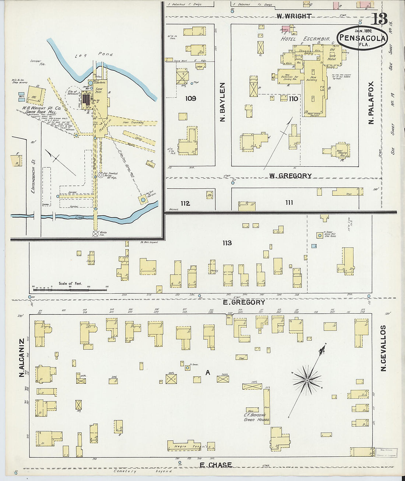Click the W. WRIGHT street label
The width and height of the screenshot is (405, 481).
click(294, 16)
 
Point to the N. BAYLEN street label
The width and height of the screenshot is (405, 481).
click(222, 102)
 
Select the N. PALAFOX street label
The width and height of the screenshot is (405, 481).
click(371, 102)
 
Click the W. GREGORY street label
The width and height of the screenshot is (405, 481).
click(290, 176)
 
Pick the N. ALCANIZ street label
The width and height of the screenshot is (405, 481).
click(22, 358)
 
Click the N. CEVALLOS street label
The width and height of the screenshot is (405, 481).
click(383, 348)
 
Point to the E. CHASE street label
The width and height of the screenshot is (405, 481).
click(216, 465)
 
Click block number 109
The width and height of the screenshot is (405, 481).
click(191, 98)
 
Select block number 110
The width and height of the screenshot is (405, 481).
click(293, 98)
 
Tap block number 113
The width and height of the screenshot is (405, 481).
click(227, 243)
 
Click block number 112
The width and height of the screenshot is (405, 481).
click(185, 203)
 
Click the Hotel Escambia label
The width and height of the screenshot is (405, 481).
click(305, 39)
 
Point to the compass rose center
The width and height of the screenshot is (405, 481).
click(307, 380)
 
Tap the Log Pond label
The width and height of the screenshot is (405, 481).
click(94, 55)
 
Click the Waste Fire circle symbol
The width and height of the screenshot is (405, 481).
click(95, 233)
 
